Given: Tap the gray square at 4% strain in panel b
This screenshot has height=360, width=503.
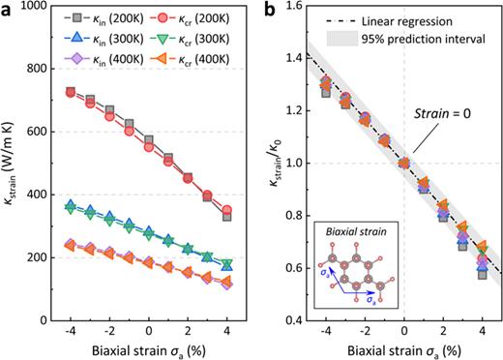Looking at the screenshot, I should coord(482,275).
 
